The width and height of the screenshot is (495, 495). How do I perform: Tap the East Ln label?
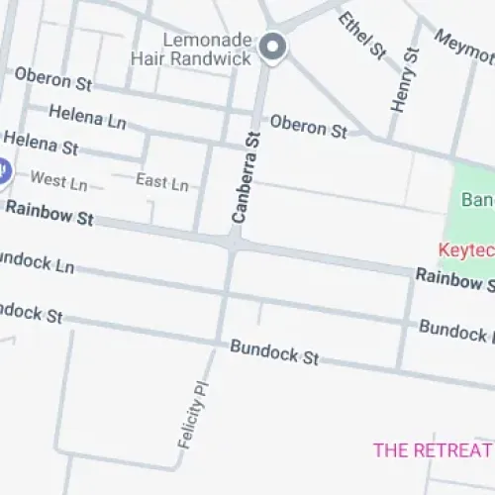(161, 182)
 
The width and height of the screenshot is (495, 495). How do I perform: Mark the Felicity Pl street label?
(195, 413)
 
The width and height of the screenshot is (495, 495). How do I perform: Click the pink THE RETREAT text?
(433, 450)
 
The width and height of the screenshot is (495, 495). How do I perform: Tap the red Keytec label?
(467, 250)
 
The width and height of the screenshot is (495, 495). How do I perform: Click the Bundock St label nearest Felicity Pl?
(274, 352)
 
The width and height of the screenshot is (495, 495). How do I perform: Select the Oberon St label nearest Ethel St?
(308, 126)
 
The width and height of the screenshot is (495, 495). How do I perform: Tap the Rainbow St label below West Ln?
(49, 213)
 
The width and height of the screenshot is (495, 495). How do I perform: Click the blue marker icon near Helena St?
(2, 170)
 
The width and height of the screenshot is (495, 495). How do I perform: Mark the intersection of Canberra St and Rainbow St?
(232, 242)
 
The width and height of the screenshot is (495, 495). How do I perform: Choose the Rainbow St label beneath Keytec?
(454, 280)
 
